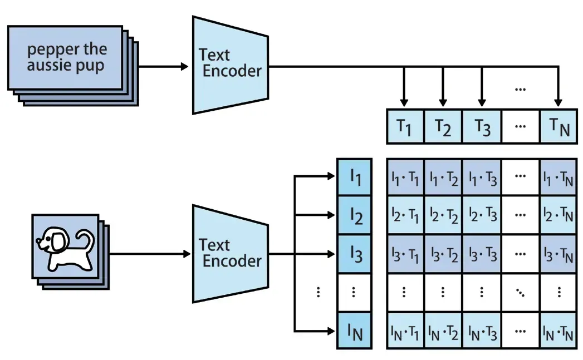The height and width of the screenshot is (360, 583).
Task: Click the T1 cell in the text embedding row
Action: pyautogui.click(x=405, y=127)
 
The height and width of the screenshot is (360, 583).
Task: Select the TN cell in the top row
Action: pyautogui.click(x=558, y=127)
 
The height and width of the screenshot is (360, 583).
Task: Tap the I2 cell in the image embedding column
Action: pyautogui.click(x=355, y=216)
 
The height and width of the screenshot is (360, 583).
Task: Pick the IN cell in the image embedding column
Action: pyautogui.click(x=355, y=332)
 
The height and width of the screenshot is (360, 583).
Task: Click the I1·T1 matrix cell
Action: pyautogui.click(x=405, y=177)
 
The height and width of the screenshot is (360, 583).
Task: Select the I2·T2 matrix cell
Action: pyautogui.click(x=443, y=216)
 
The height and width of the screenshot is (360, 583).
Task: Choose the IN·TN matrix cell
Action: pyautogui.click(x=558, y=332)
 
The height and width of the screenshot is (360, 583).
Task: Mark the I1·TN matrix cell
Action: pyautogui.click(x=558, y=177)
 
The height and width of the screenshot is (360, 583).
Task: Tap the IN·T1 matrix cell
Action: pyautogui.click(x=405, y=332)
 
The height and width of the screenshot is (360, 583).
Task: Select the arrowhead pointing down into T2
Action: pyautogui.click(x=443, y=103)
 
